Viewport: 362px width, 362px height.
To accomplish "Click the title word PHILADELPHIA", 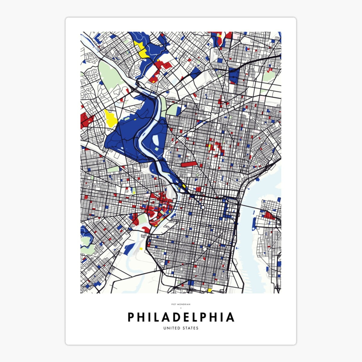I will click(x=181, y=317).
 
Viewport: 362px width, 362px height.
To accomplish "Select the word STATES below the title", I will click(x=190, y=328).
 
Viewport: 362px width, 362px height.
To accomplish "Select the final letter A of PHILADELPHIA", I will click(x=230, y=317).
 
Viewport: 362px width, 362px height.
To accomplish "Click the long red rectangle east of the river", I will click(x=189, y=164).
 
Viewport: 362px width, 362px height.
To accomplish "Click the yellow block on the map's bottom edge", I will click(x=210, y=291).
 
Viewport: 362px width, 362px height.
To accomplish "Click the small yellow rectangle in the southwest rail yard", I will click(x=141, y=249).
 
